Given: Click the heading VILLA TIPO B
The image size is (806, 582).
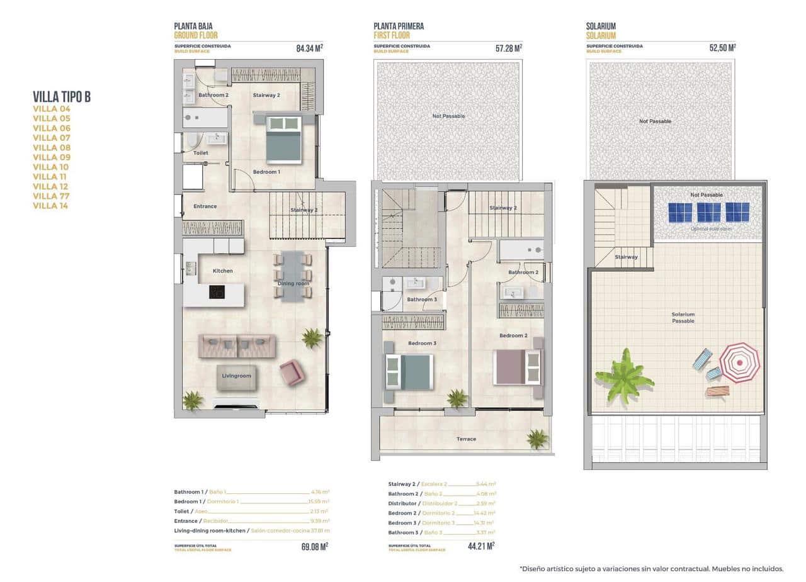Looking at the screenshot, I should (62, 96).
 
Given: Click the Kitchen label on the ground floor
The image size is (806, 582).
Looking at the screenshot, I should (222, 271).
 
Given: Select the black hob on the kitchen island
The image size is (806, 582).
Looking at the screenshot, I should (217, 291).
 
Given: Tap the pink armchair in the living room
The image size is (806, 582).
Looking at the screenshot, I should (292, 372).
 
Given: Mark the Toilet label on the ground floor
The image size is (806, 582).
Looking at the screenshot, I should (200, 153).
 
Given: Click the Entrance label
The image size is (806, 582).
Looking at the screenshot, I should (205, 206).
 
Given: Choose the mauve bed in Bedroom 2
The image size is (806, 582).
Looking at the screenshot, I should (517, 366).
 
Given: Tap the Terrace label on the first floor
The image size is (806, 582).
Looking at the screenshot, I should (466, 439).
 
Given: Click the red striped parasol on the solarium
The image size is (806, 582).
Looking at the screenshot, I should (740, 362).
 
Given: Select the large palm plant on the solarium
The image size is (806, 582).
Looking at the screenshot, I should (624, 376).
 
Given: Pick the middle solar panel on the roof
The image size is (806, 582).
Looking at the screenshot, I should (708, 212).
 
